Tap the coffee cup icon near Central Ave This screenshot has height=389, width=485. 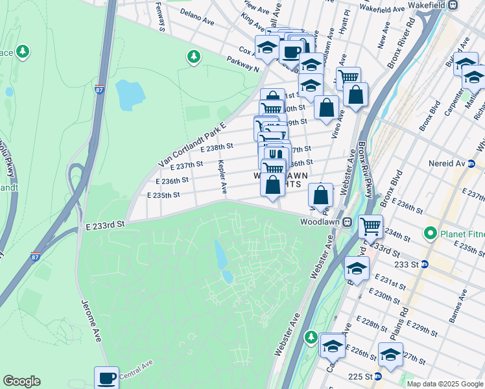click(x=106, y=379)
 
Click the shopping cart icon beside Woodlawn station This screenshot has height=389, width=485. click(x=370, y=227)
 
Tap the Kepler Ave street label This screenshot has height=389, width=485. click(x=222, y=177)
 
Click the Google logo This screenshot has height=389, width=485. click(x=21, y=381)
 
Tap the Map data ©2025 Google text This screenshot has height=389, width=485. click(x=444, y=384)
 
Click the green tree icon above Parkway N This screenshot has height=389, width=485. click(x=193, y=57)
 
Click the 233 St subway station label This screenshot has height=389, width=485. click(x=408, y=264)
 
